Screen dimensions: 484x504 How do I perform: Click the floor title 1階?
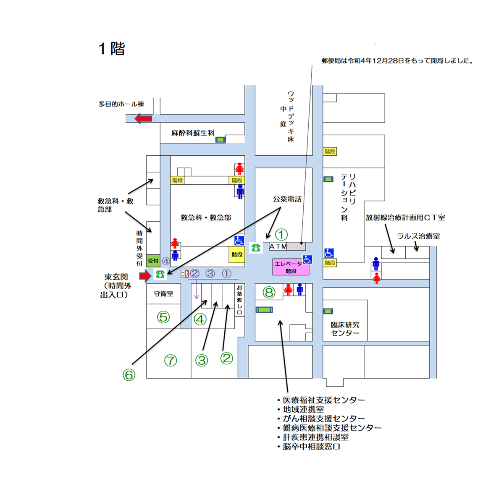coord(112,49)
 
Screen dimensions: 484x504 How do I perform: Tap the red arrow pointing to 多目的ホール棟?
coord(143,119)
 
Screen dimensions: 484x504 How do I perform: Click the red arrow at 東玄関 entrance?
coord(145,276)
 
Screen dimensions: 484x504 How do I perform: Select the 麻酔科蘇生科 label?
coord(193,133)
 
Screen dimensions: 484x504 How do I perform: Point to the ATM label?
coord(278,246)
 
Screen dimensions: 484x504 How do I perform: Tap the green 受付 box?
coord(153,261)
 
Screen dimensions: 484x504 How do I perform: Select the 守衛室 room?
coord(163,294)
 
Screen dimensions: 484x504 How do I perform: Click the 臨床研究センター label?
coord(345,329)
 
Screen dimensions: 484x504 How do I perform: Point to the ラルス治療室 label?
coord(418,236)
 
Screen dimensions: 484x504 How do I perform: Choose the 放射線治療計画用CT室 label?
coord(405,217)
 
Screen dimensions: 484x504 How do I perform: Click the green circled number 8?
coord(269,292)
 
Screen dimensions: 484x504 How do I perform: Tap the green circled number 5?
coord(163,317)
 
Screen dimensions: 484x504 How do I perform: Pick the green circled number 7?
coord(171,360)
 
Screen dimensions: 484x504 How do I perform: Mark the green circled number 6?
coord(129,375)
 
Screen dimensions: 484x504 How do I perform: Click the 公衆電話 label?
coord(287,199)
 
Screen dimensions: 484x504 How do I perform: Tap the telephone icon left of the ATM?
coord(256,248)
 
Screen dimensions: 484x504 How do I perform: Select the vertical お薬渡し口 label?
coord(239,300)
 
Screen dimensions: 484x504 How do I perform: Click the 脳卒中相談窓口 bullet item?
coord(311,447)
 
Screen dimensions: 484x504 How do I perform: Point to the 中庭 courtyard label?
coord(283,116)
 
